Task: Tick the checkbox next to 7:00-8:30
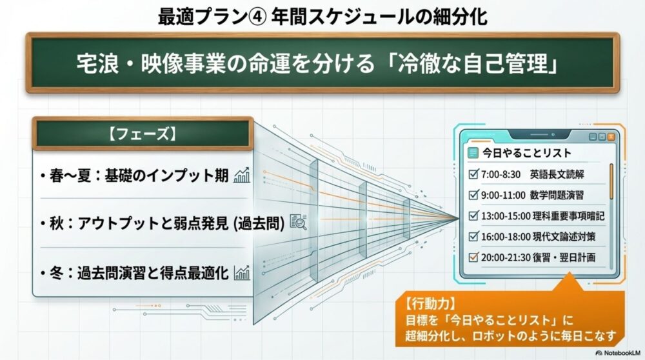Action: click(473, 174)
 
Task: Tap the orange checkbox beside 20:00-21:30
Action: click(473, 257)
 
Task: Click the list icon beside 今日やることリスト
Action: click(474, 153)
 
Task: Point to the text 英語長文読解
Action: click(557, 174)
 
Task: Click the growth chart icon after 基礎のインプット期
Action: click(243, 175)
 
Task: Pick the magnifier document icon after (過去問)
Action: click(298, 223)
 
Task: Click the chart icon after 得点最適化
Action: click(243, 272)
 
